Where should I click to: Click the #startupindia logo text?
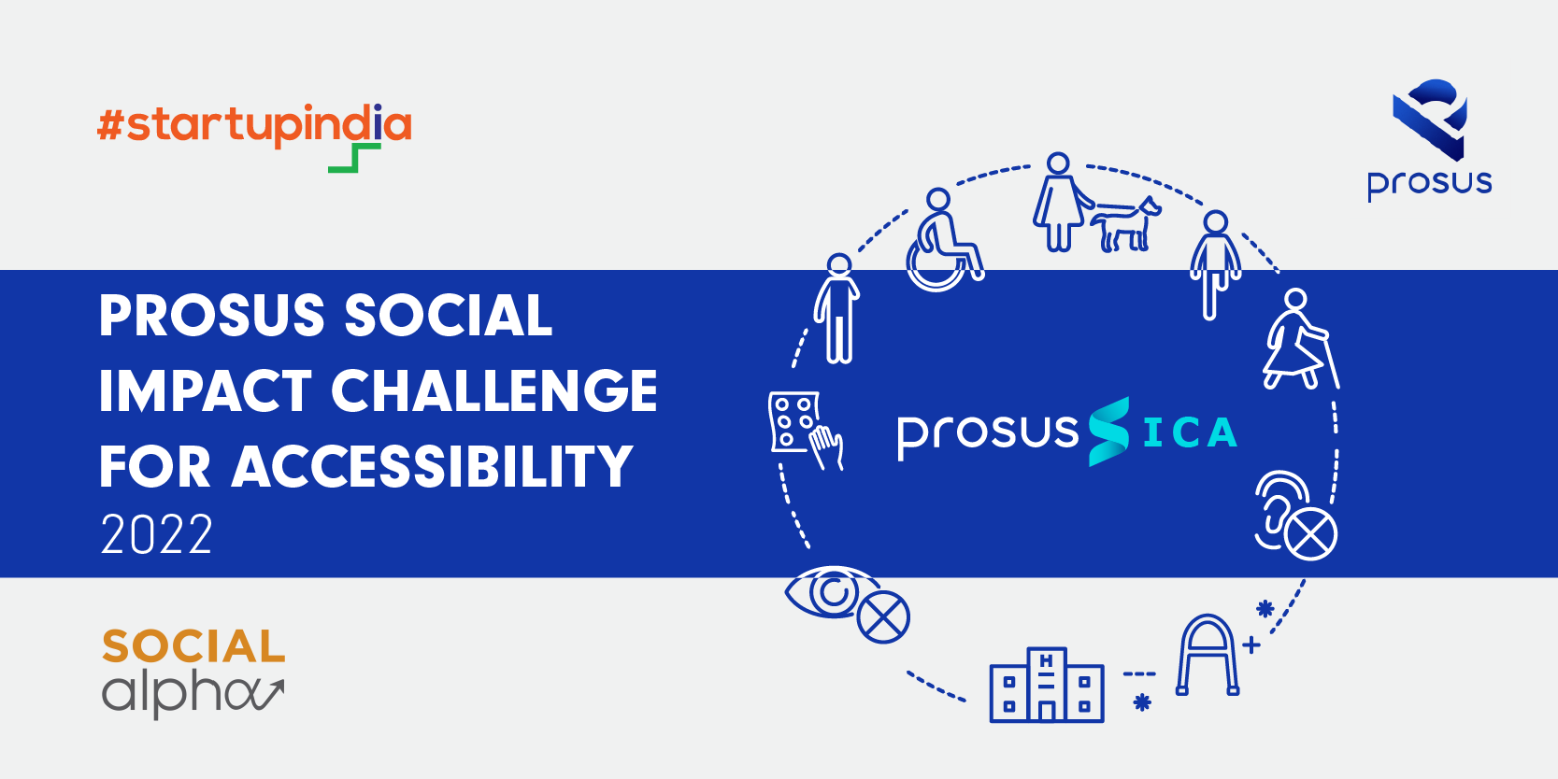254,125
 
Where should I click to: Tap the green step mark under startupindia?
355,158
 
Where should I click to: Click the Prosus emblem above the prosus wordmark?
1430,119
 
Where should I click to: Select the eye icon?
832,593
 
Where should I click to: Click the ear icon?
1282,510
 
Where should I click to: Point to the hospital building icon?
1047,686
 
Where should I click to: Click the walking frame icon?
1208,655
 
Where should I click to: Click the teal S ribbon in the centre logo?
1108,431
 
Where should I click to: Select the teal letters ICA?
1191,432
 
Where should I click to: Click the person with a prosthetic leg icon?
1215,264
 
